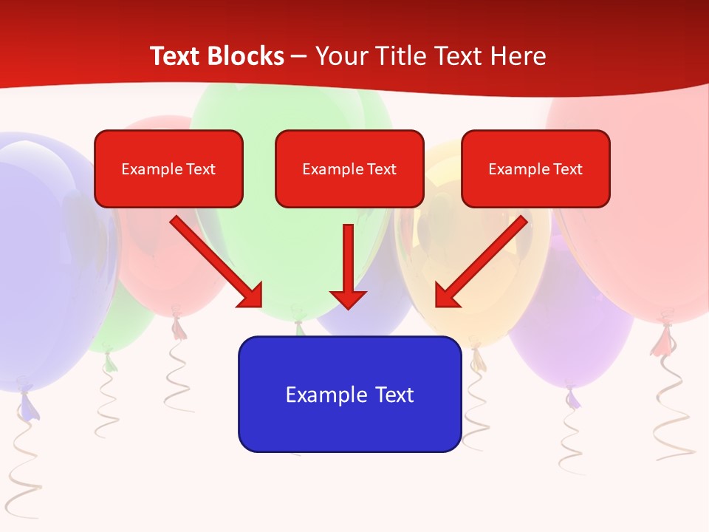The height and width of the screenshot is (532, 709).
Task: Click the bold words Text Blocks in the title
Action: (x=216, y=56)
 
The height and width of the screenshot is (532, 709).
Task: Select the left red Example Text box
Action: (x=168, y=168)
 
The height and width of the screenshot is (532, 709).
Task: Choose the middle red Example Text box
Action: (x=349, y=168)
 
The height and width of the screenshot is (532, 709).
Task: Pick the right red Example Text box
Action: (x=535, y=168)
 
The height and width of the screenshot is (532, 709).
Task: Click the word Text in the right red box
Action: (x=568, y=169)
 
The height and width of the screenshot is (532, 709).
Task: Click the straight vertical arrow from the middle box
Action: (x=349, y=259)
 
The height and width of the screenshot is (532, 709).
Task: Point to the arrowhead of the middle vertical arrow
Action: (x=349, y=299)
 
